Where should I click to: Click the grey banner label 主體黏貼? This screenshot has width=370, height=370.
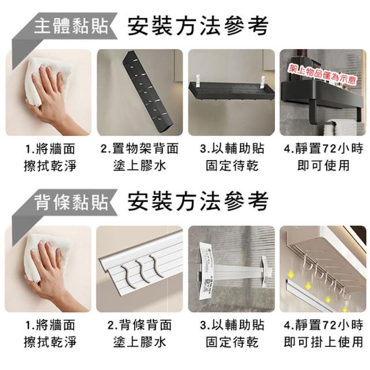(71, 26)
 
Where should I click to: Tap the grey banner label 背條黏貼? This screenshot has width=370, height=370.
(71, 202)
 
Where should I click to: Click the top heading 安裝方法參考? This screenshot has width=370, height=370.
(198, 25)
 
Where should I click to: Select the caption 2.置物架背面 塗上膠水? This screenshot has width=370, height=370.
(140, 157)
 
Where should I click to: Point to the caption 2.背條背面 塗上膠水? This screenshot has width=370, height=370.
(140, 334)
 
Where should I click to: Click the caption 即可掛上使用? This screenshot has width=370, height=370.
(323, 342)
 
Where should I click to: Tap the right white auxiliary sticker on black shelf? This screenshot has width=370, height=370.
(263, 82)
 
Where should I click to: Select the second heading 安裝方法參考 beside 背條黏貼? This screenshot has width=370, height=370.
(198, 202)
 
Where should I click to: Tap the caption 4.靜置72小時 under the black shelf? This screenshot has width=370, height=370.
(323, 149)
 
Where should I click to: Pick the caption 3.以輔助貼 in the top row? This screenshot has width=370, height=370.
(232, 149)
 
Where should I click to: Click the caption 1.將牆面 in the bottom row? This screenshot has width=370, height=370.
(50, 325)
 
